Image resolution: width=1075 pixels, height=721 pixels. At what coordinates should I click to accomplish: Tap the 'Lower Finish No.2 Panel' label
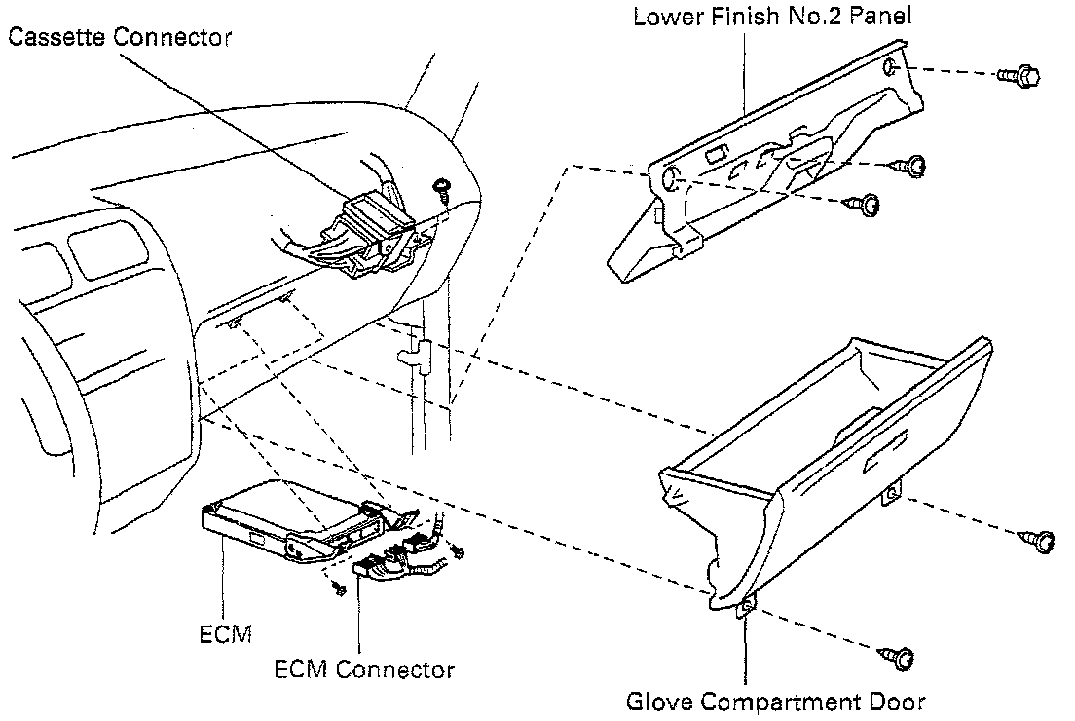click(772, 17)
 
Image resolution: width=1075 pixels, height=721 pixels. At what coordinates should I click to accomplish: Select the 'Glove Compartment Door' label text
click(775, 701)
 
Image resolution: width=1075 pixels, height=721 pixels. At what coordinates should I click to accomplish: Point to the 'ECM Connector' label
click(364, 669)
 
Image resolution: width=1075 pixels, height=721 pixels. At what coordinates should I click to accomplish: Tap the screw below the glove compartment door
click(898, 659)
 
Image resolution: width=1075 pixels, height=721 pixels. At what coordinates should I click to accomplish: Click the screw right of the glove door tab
click(1040, 540)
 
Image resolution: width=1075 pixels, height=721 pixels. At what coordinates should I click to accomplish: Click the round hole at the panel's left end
click(671, 176)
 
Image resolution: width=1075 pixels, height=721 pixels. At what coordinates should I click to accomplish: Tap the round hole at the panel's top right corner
click(892, 68)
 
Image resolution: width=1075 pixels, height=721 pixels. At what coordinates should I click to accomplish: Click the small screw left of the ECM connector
click(338, 588)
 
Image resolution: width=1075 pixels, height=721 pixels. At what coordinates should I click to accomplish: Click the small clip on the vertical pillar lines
click(419, 350)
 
